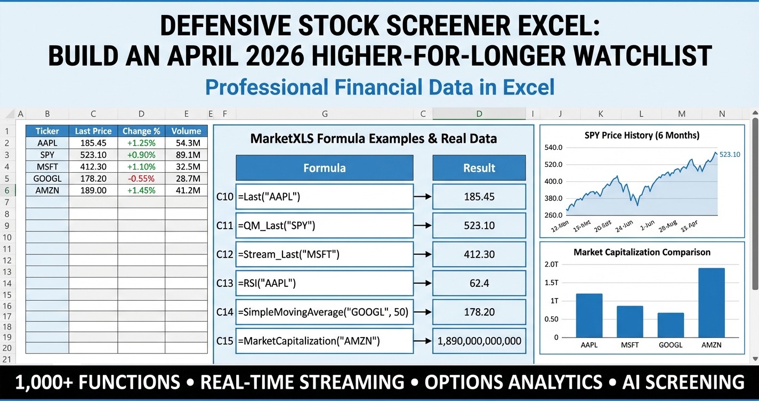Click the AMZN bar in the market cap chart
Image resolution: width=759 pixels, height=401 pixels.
click(711, 302)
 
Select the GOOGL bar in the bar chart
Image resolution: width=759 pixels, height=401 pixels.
click(671, 325)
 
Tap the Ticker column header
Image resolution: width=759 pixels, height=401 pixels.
click(47, 131)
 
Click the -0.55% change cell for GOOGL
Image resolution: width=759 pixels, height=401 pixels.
click(141, 178)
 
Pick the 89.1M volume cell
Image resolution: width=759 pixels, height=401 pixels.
click(186, 155)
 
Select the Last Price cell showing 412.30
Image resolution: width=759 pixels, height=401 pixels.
click(93, 166)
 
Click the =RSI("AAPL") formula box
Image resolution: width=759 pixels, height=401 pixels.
click(324, 283)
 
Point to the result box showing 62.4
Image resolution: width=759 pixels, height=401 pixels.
click(479, 283)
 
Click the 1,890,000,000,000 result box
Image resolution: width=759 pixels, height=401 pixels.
click(479, 341)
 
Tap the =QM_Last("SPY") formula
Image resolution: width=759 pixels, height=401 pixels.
click(324, 226)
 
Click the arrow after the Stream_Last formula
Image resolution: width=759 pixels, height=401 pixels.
click(423, 254)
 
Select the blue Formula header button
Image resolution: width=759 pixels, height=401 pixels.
click(324, 168)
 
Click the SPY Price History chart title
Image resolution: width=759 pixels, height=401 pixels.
click(642, 135)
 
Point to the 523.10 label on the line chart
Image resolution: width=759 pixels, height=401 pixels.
click(730, 154)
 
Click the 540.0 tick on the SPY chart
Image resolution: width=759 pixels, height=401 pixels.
click(554, 147)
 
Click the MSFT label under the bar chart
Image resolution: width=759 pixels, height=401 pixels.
click(629, 345)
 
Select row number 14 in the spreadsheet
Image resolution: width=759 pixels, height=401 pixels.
click(7, 283)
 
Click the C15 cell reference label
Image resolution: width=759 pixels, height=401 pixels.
click(225, 341)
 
